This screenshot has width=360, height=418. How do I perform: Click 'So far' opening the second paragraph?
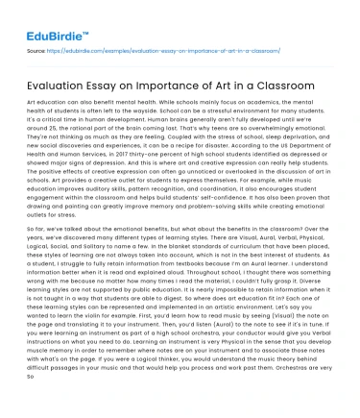(x=36, y=232)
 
